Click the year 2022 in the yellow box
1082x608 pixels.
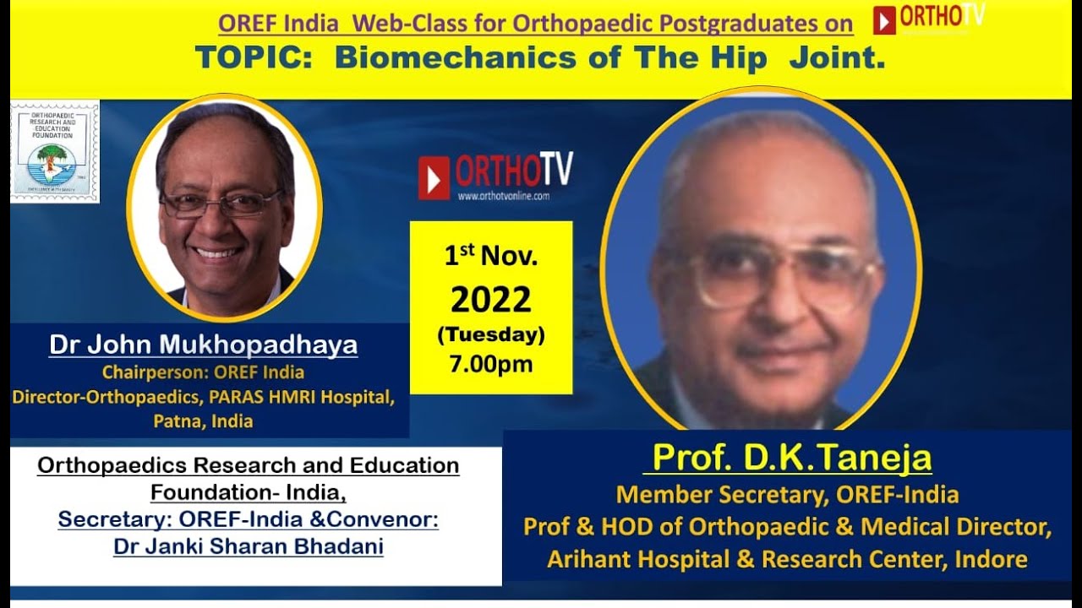(490, 300)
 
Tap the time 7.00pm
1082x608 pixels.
(490, 365)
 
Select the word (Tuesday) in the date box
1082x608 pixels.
(490, 335)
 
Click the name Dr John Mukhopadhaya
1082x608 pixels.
(203, 345)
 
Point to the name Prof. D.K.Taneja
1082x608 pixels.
(792, 459)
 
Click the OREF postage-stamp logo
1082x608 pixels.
(55, 152)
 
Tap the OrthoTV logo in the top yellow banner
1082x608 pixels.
(929, 19)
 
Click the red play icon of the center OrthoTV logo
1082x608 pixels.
(434, 176)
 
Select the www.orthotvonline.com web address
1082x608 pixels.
(504, 196)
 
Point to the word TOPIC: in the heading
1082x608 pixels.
(256, 57)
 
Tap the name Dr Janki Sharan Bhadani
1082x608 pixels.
(249, 546)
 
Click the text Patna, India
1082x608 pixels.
(203, 421)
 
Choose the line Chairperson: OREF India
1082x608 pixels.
(203, 372)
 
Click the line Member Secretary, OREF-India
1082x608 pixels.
(787, 494)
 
